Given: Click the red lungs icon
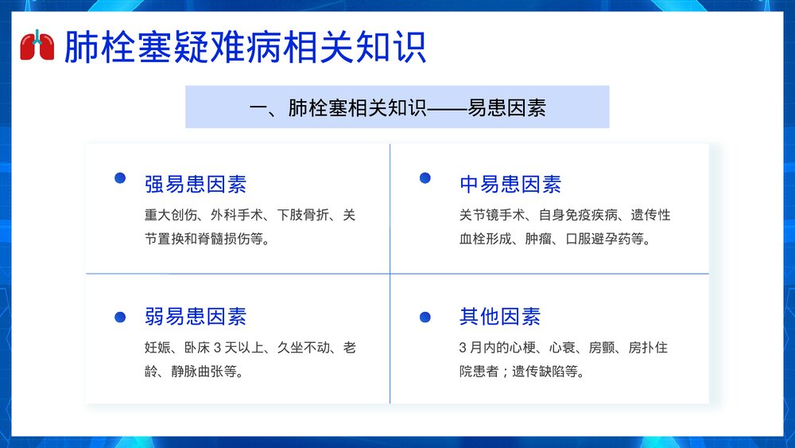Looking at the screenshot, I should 37,46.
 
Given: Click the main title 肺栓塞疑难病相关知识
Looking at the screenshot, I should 245,48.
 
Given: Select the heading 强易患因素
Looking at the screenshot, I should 196,185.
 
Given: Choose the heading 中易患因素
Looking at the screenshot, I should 510,185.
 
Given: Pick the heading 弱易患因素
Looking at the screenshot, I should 196,317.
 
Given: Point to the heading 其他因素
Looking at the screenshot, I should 500,317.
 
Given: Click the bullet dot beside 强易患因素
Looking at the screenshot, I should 120,178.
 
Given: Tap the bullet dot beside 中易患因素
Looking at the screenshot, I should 425,178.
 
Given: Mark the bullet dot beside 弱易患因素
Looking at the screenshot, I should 120,317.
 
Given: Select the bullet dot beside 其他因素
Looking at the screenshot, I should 425,317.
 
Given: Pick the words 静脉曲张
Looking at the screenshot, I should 210,371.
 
